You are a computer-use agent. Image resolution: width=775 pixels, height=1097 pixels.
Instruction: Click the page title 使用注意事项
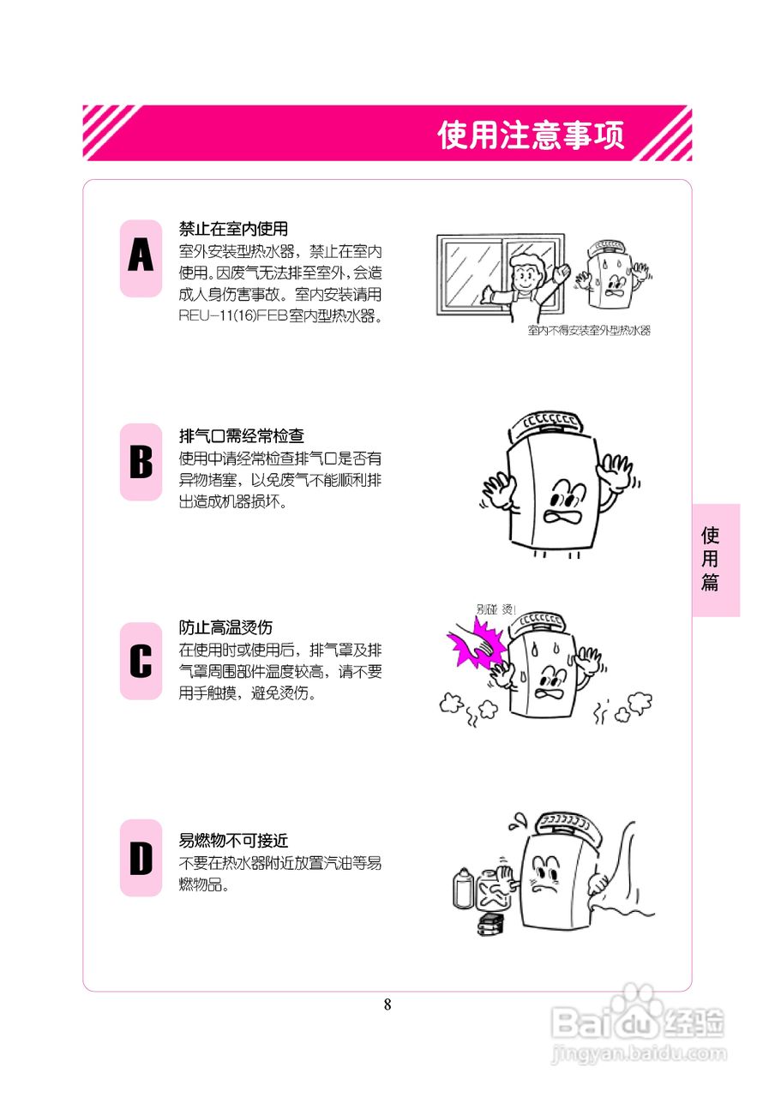pyautogui.click(x=531, y=135)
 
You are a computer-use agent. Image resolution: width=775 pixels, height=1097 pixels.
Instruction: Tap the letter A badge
pyautogui.click(x=141, y=258)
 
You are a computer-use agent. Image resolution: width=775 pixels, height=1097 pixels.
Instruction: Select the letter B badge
pyautogui.click(x=141, y=462)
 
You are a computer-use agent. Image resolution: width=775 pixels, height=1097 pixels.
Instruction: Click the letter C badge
pyautogui.click(x=141, y=661)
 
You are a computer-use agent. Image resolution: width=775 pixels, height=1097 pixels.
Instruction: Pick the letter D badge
pyautogui.click(x=141, y=858)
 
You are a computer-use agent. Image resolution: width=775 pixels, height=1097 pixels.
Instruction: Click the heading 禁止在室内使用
pyautogui.click(x=233, y=230)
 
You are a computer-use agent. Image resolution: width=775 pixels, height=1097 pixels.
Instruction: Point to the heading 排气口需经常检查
pyautogui.click(x=241, y=435)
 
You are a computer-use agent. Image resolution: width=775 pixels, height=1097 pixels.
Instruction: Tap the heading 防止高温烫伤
pyautogui.click(x=225, y=627)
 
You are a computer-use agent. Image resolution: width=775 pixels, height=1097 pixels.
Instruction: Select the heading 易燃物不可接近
pyautogui.click(x=233, y=841)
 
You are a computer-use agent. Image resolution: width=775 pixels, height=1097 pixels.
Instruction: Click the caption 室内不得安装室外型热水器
pyautogui.click(x=589, y=331)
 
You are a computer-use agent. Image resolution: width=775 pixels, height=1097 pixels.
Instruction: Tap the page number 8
pyautogui.click(x=387, y=1004)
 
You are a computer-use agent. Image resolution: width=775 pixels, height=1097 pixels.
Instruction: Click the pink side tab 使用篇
pyautogui.click(x=715, y=560)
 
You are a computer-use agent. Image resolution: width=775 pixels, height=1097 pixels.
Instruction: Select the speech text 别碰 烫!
pyautogui.click(x=496, y=609)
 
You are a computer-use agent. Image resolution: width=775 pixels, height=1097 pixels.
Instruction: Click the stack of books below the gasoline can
pyautogui.click(x=491, y=925)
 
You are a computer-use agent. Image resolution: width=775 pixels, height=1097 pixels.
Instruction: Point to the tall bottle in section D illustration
pyautogui.click(x=463, y=888)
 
